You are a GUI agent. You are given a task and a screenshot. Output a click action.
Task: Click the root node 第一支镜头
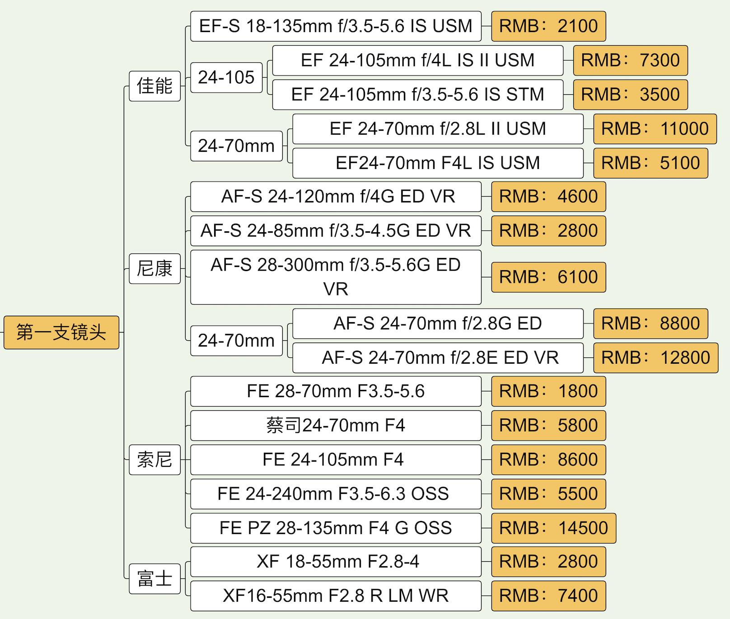(x=61, y=333)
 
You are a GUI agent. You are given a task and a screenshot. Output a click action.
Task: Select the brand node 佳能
(x=154, y=86)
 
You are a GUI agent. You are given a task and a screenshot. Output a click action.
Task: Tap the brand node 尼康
(x=154, y=268)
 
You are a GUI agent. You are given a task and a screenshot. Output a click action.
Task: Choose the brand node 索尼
(x=154, y=460)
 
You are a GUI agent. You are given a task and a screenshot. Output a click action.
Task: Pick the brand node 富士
(x=154, y=578)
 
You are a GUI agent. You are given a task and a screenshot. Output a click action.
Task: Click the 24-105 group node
(x=226, y=77)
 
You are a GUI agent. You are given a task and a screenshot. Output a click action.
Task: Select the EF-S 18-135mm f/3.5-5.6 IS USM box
(x=336, y=26)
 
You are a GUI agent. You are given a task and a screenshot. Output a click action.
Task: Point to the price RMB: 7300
(x=630, y=60)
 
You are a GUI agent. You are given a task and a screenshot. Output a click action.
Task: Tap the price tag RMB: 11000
(x=655, y=129)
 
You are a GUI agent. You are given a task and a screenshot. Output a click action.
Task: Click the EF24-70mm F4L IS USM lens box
(x=438, y=163)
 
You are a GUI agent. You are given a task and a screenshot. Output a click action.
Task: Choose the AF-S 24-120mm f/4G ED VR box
(x=336, y=197)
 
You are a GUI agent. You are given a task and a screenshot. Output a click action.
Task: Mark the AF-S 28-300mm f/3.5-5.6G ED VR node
(x=336, y=277)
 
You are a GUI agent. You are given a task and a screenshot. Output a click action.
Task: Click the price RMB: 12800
(x=655, y=357)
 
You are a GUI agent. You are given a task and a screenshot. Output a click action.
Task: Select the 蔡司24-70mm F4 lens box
(x=336, y=425)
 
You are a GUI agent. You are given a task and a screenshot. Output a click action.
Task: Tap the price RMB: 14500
(x=553, y=528)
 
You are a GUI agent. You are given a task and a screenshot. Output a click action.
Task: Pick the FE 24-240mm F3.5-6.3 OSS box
(x=336, y=493)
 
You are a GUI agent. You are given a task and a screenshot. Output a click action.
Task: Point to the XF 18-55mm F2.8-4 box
(x=336, y=562)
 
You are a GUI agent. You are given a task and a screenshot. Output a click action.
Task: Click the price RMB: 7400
(x=548, y=596)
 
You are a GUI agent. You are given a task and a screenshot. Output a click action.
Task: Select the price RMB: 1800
(x=548, y=391)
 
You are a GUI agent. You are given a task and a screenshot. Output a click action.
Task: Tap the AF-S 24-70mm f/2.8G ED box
(x=438, y=324)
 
